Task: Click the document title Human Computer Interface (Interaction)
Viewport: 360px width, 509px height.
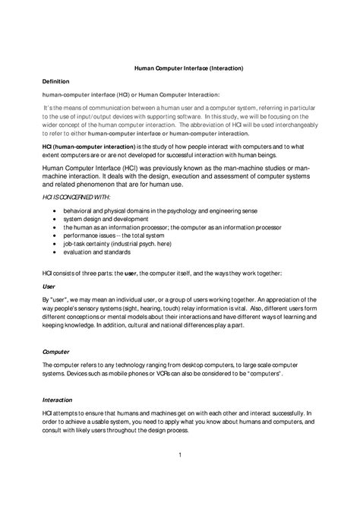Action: click(183, 68)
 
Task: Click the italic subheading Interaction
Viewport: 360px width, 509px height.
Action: click(56, 400)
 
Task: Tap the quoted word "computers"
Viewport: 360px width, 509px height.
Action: click(262, 375)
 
